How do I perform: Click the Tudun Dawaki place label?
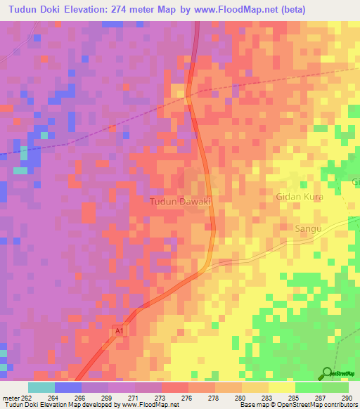[x=181, y=202]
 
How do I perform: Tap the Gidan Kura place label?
[x=300, y=197]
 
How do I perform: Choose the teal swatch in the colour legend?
[x=41, y=387]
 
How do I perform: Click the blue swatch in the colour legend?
[x=68, y=387]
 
